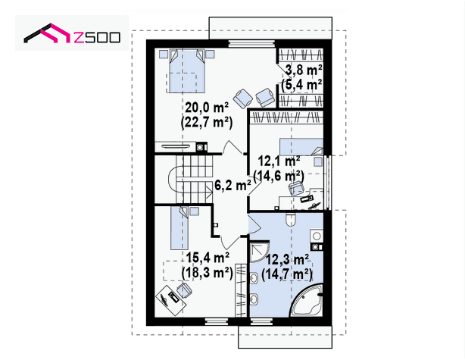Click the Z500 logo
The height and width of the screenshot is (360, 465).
pyautogui.click(x=72, y=33)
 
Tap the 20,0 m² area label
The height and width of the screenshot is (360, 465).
pyautogui.click(x=207, y=108)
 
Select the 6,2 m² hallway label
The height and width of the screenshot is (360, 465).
pyautogui.click(x=232, y=186)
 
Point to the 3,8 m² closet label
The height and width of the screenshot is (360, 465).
pyautogui.click(x=304, y=70)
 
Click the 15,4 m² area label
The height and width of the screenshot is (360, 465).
pyautogui.click(x=208, y=258)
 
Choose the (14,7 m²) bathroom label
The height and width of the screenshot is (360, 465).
pyautogui.click(x=287, y=274)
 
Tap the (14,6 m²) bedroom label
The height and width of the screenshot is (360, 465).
pyautogui.click(x=279, y=176)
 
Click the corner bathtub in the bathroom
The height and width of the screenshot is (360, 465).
pyautogui.click(x=307, y=301)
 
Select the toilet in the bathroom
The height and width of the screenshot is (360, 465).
pyautogui.click(x=290, y=220)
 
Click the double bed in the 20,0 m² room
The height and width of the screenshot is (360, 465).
pyautogui.click(x=187, y=71)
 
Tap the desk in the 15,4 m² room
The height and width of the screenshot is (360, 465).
pyautogui.click(x=171, y=301)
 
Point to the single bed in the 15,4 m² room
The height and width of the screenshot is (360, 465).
pyautogui.click(x=179, y=228)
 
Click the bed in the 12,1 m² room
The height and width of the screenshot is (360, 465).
pyautogui.click(x=301, y=147)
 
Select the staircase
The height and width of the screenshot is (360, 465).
pyautogui.click(x=191, y=180)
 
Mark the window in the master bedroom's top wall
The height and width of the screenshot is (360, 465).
pyautogui.click(x=251, y=44)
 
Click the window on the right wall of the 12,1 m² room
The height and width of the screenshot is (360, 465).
pyautogui.click(x=328, y=180)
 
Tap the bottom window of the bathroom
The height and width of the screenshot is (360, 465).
pyautogui.click(x=261, y=321)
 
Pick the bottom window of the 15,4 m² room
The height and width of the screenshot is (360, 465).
pyautogui.click(x=217, y=321)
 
